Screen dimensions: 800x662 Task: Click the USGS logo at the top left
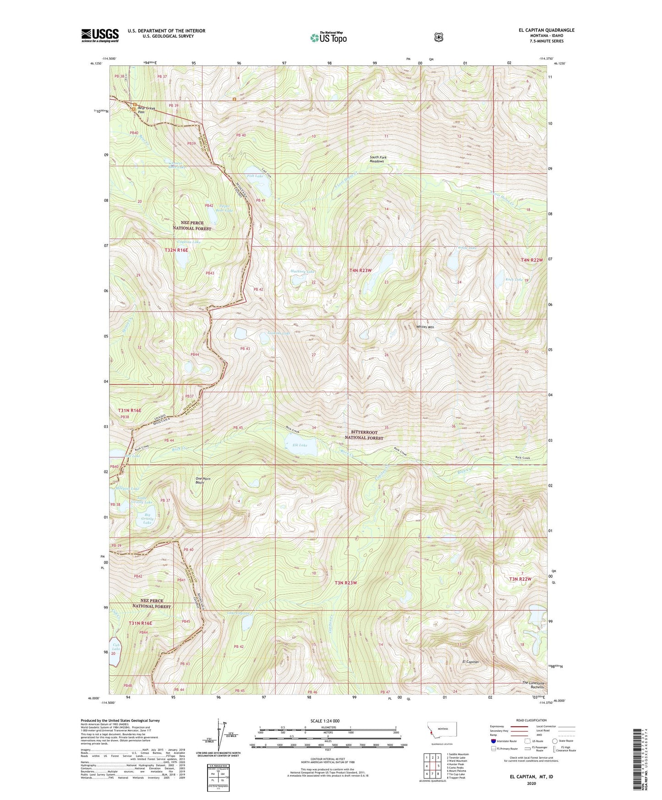[100, 35]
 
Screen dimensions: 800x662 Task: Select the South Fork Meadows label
[378, 159]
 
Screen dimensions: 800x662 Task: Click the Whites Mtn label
[425, 327]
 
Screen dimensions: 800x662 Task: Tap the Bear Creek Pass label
[146, 110]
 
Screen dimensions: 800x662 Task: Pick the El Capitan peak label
[470, 662]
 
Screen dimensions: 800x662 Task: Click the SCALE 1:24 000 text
[325, 721]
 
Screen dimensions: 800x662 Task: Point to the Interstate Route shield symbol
[493, 740]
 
